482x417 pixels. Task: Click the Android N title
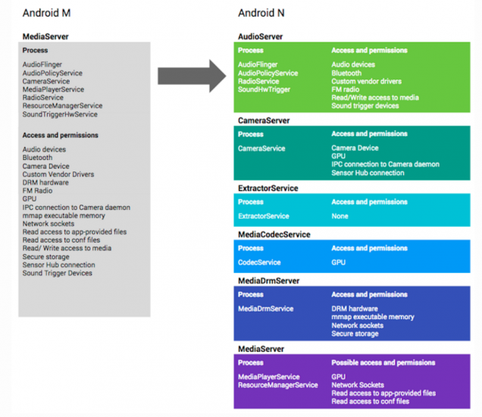[261, 13]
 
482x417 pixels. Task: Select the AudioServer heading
[260, 36]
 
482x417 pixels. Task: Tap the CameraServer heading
[264, 120]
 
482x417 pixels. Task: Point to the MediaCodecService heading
[273, 234]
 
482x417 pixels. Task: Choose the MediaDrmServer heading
[268, 281]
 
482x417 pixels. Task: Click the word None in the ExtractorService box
[340, 216]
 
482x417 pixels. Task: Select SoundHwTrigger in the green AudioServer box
[264, 89]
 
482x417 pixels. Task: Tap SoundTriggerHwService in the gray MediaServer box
[60, 114]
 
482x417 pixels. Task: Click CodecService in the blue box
[259, 262]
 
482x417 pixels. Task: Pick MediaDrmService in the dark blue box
[265, 309]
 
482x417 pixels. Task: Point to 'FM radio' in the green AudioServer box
[345, 89]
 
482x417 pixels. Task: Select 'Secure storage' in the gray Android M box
[46, 257]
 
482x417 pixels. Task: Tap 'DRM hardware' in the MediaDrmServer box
[354, 309]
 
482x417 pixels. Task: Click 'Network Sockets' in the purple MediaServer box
[357, 385]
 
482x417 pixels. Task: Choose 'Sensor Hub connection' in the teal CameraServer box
[368, 173]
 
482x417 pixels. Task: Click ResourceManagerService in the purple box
[277, 385]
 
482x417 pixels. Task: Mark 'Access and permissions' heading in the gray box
[60, 135]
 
